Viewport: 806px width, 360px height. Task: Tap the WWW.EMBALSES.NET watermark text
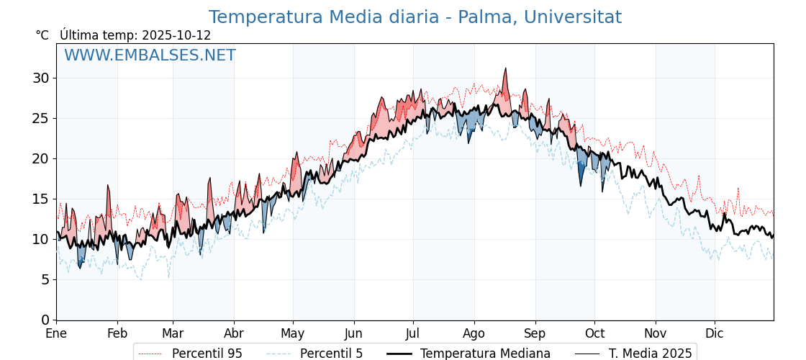150,55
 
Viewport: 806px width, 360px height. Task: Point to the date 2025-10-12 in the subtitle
176,35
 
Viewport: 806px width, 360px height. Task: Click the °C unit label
42,35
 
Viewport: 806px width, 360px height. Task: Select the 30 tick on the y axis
40,78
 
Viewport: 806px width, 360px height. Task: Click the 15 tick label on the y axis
40,199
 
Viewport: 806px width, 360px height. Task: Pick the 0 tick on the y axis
45,320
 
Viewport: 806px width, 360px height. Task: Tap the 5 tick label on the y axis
45,279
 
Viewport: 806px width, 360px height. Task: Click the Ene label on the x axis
56,333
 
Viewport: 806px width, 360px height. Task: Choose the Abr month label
234,333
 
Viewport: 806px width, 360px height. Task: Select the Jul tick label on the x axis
413,333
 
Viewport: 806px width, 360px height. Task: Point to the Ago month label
474,333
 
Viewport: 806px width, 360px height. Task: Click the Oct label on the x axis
594,333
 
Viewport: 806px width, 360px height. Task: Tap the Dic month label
715,333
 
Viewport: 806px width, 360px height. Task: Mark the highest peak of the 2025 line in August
505,68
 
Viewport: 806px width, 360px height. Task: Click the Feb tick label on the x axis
117,333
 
